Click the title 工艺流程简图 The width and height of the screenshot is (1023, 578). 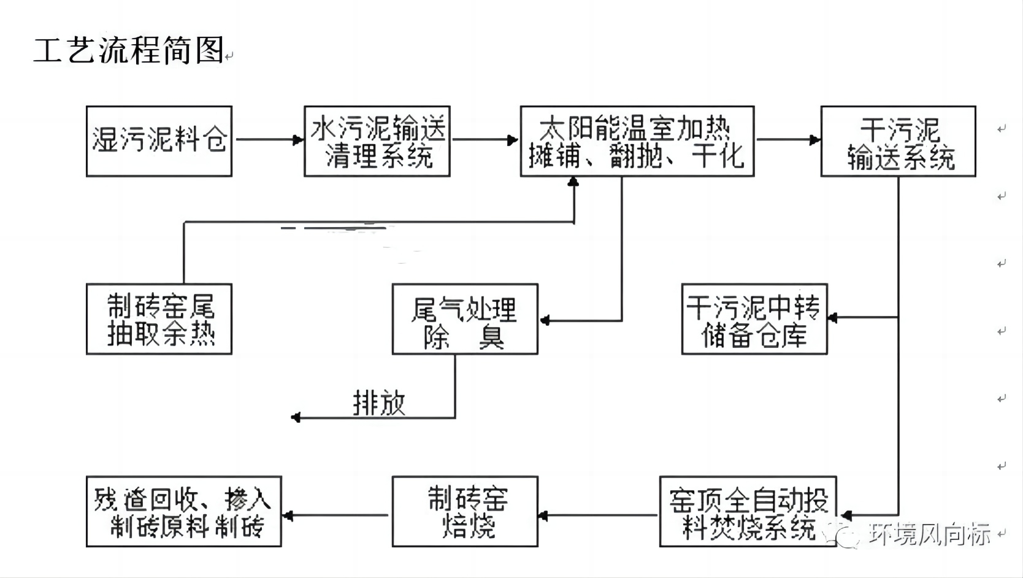[x=129, y=50]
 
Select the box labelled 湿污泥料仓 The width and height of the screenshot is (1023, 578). [x=159, y=141]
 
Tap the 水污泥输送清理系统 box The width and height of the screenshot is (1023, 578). [x=377, y=141]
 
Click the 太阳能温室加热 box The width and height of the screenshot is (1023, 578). [x=637, y=141]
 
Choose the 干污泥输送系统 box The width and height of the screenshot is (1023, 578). [x=898, y=141]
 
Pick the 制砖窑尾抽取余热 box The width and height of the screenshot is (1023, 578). [x=159, y=319]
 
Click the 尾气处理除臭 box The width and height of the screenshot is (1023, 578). [x=465, y=319]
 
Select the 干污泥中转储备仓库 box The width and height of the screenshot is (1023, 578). [x=754, y=319]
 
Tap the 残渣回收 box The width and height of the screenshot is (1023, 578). [x=183, y=511]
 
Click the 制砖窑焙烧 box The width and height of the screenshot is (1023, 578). [x=465, y=511]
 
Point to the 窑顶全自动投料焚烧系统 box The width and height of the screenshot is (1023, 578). [x=748, y=511]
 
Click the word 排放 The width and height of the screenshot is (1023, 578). [x=379, y=403]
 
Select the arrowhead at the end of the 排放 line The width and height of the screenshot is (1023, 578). [x=296, y=417]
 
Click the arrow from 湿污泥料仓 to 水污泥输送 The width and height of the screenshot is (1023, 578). [x=269, y=139]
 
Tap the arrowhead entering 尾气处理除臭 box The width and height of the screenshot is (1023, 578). [x=545, y=320]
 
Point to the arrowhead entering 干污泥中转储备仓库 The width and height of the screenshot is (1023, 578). [x=833, y=317]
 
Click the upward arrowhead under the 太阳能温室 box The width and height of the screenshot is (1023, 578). [x=573, y=182]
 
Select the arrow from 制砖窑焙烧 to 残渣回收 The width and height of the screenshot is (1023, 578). [x=335, y=515]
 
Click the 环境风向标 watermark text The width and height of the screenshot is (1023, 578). [x=929, y=534]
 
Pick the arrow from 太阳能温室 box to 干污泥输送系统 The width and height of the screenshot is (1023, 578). [x=788, y=139]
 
